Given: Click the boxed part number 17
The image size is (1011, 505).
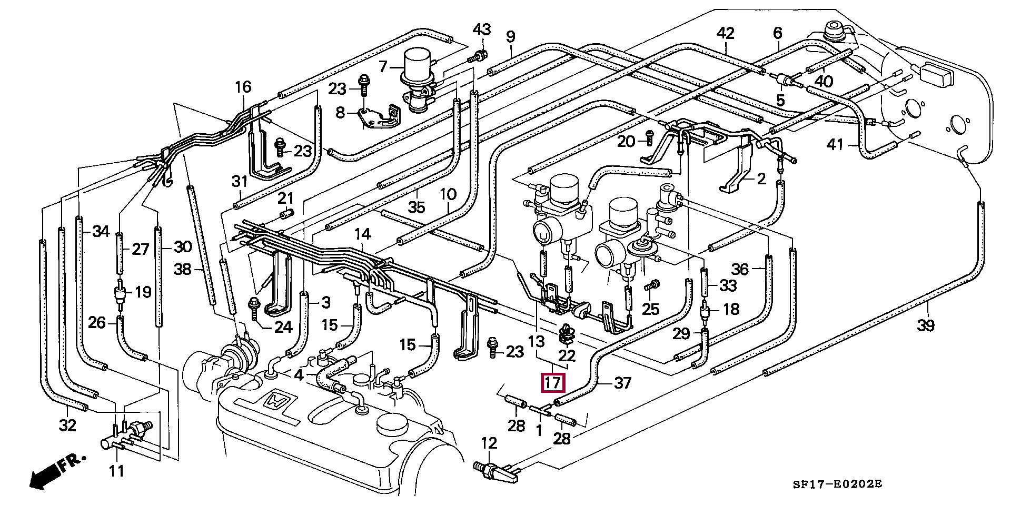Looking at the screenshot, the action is coord(553,383).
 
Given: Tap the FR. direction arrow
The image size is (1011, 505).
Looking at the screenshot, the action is coord(57,472).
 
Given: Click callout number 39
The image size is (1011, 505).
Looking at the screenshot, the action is coord(926,325).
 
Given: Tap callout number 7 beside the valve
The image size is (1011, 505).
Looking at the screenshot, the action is coord(383,66).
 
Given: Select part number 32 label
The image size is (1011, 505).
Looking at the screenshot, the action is coord(68,425).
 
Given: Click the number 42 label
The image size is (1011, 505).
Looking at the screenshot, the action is coord(725,33).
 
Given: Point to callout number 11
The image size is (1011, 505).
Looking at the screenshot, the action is coord(116,470).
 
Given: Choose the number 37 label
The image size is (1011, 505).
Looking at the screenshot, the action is coord(622,382).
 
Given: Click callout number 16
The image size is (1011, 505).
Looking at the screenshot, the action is coord(243,87).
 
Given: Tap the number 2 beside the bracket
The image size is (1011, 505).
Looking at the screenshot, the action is coord(761,180).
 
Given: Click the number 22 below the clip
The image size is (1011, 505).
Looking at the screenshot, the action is coord(567,355).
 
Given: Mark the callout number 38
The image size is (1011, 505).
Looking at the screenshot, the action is coord(183,270).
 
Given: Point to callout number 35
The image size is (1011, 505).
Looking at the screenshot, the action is coord(417,207).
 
